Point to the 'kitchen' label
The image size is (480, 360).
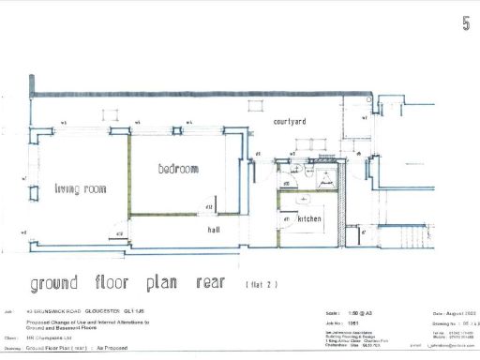tap(310, 218)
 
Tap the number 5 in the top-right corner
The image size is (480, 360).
tap(466, 23)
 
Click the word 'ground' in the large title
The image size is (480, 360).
tap(67, 283)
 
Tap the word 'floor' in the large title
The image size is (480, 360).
tap(116, 283)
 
